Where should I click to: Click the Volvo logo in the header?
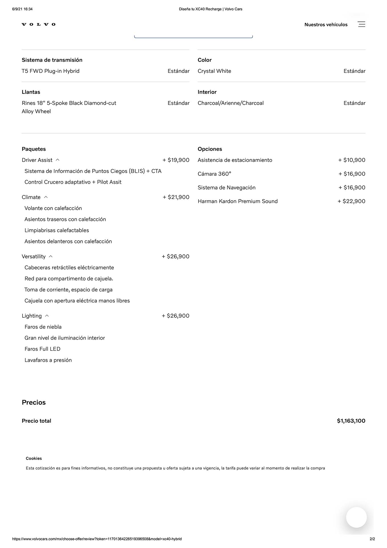click(x=38, y=25)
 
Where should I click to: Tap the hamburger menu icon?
click(x=361, y=24)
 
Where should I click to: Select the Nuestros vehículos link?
click(x=326, y=25)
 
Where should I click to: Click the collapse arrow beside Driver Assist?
click(x=58, y=160)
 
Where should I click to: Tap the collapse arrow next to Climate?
click(x=46, y=197)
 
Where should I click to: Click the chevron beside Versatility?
click(x=51, y=256)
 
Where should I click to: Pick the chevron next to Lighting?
click(x=47, y=316)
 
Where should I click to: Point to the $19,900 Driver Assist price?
click(x=176, y=160)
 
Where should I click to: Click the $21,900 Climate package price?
click(x=176, y=197)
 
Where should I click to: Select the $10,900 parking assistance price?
click(x=352, y=160)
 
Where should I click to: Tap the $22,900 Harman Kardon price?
click(x=351, y=201)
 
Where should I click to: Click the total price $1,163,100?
click(x=351, y=421)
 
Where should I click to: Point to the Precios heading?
click(x=34, y=402)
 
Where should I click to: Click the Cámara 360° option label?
click(x=214, y=174)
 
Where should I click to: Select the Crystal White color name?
click(x=214, y=71)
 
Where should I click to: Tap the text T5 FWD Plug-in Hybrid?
click(x=50, y=71)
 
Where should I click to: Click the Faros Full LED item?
click(x=42, y=349)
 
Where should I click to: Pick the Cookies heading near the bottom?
click(x=34, y=458)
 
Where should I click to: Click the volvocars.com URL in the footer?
click(x=97, y=539)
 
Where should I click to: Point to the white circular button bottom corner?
click(x=356, y=517)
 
